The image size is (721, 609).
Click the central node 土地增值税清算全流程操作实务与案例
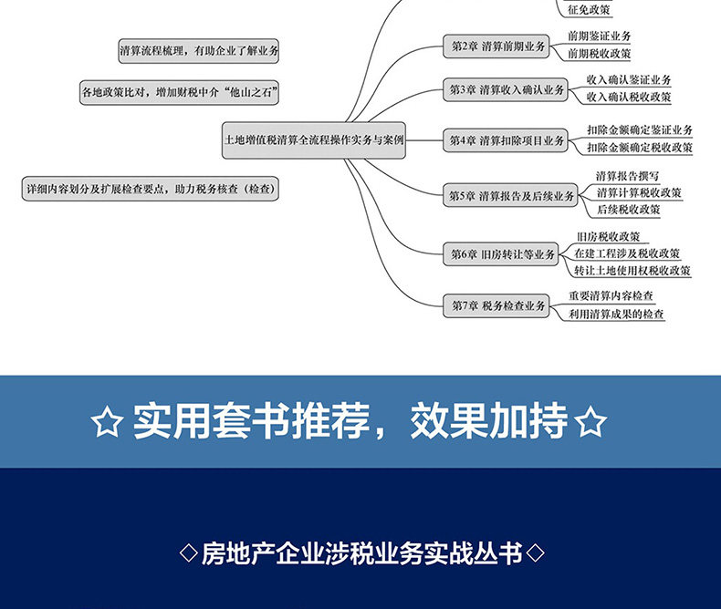[x=314, y=140]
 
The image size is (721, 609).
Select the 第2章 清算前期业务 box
[x=496, y=46]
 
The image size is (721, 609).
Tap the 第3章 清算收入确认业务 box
[x=507, y=89]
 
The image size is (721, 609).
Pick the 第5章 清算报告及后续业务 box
[x=511, y=195]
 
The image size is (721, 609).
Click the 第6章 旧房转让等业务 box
[x=503, y=255]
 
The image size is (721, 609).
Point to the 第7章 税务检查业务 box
[x=497, y=306]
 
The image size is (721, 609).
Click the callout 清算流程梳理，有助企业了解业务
[x=198, y=52]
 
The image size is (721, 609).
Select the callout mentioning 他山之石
[x=179, y=92]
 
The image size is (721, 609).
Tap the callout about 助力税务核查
[x=150, y=190]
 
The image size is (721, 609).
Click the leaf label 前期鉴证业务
[x=599, y=36]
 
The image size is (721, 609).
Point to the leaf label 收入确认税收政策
[x=629, y=97]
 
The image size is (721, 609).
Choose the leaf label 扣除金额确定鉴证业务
[x=639, y=131]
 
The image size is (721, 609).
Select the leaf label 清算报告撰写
[x=628, y=176]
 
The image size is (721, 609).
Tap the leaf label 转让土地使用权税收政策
[x=632, y=271]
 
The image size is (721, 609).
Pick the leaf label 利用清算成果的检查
[x=616, y=315]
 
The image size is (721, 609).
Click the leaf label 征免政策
[x=590, y=10]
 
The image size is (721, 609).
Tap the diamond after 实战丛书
[x=537, y=552]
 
